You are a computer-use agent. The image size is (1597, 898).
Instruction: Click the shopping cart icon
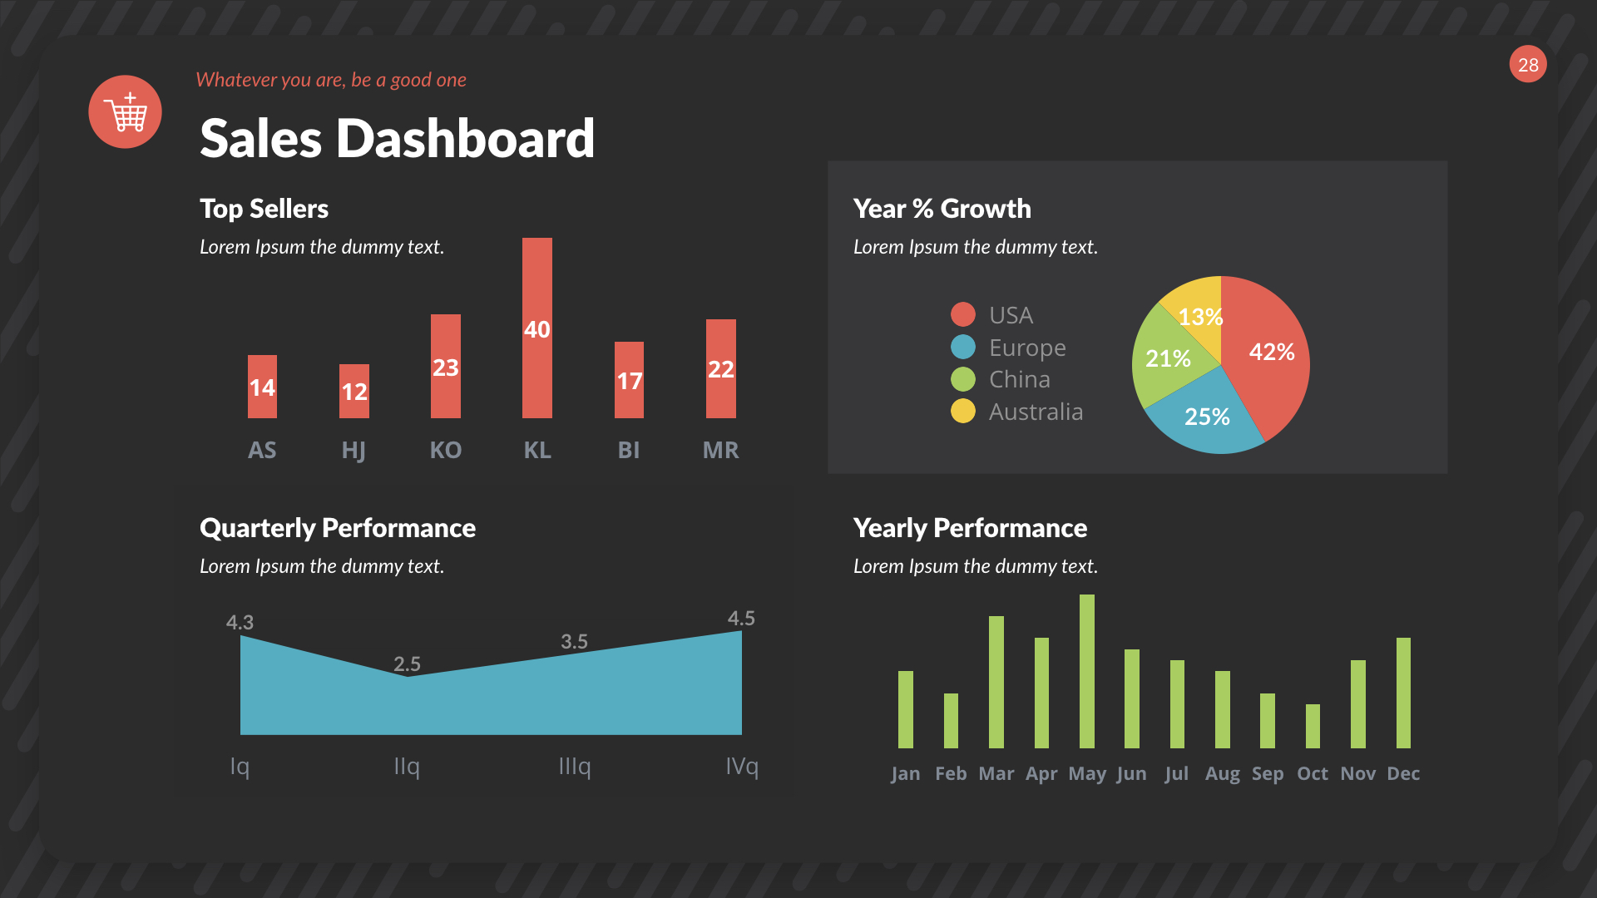tap(126, 112)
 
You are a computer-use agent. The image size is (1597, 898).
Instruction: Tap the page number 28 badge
tap(1528, 65)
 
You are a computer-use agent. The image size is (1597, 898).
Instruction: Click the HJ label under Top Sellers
tap(354, 450)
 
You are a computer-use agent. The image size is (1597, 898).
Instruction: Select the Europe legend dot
tap(963, 347)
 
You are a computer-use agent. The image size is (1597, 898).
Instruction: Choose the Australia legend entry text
tap(1036, 412)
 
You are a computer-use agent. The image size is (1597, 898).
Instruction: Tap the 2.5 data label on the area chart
tap(407, 664)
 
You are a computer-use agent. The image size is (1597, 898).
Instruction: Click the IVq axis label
tap(741, 766)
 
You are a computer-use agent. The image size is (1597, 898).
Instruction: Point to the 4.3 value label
tap(240, 622)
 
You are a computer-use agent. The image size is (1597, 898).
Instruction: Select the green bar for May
tap(1086, 671)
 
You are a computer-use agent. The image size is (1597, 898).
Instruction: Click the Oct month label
tap(1313, 773)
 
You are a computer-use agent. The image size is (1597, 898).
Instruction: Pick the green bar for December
tap(1403, 693)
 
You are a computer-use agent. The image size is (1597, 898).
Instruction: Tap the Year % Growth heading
tap(942, 209)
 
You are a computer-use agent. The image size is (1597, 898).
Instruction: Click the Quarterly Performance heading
tap(337, 528)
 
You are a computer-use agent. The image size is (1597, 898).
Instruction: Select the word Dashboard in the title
tap(465, 138)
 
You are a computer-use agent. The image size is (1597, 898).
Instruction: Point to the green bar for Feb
tap(951, 720)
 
